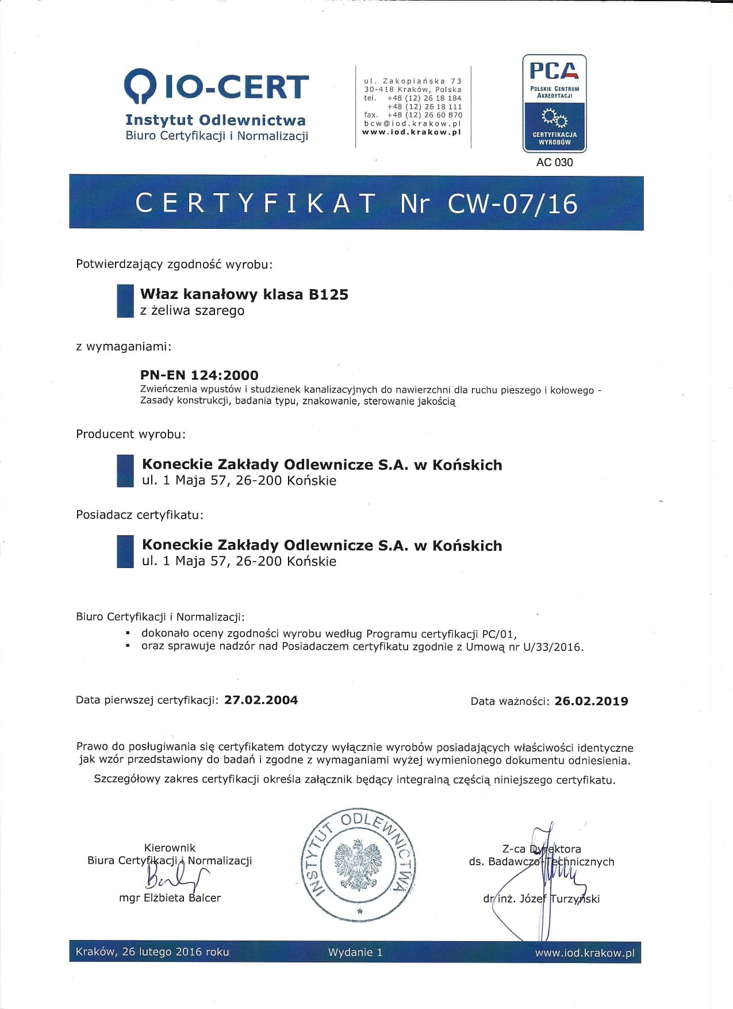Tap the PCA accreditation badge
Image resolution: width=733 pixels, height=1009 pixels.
click(x=554, y=103)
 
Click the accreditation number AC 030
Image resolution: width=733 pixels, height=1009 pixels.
click(x=554, y=163)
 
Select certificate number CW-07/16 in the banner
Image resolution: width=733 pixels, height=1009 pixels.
click(x=512, y=204)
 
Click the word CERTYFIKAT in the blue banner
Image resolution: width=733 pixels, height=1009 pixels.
click(x=256, y=204)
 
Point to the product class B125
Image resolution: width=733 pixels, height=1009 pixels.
click(x=328, y=294)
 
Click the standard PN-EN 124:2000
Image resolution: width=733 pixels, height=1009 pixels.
click(x=199, y=375)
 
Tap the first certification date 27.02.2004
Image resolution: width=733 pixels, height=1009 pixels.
click(x=261, y=700)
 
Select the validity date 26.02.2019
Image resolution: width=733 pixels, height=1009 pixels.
click(x=591, y=701)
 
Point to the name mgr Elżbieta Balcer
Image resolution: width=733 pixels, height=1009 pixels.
click(x=170, y=898)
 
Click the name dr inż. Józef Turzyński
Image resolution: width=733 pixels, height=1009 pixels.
click(x=541, y=899)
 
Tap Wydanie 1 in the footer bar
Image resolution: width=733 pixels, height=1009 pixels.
click(x=355, y=952)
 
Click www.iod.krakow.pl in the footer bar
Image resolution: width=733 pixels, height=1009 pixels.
click(x=585, y=953)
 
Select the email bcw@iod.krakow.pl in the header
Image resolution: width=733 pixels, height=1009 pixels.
click(x=413, y=124)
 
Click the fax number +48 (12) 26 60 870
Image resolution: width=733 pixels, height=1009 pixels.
click(x=425, y=115)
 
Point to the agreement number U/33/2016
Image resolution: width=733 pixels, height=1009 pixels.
click(x=552, y=647)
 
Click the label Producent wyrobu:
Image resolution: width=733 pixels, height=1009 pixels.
click(x=131, y=434)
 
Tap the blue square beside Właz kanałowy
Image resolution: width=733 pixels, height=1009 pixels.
click(x=125, y=301)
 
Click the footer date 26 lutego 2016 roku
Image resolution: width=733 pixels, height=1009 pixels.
click(x=175, y=952)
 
